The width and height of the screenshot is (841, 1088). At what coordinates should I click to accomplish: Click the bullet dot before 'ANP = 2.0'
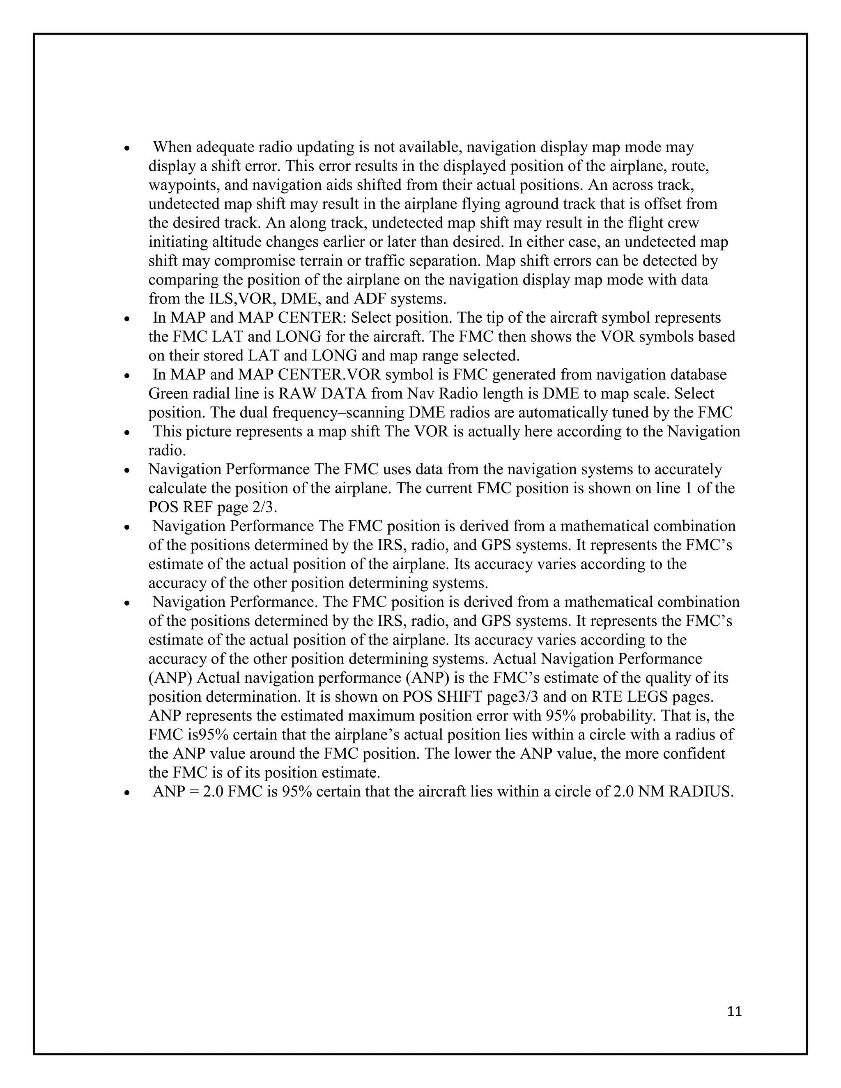(x=128, y=792)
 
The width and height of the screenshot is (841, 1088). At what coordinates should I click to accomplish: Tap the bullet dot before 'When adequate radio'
(x=128, y=149)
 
